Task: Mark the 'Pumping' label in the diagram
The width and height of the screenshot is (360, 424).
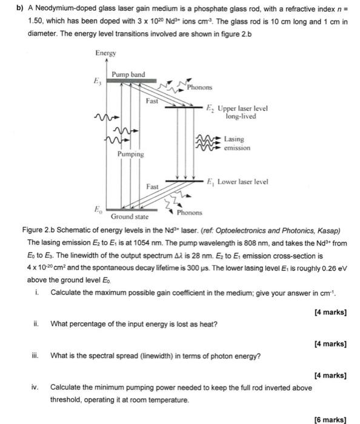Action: (x=130, y=154)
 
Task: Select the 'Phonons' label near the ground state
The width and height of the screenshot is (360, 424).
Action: (x=190, y=213)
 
